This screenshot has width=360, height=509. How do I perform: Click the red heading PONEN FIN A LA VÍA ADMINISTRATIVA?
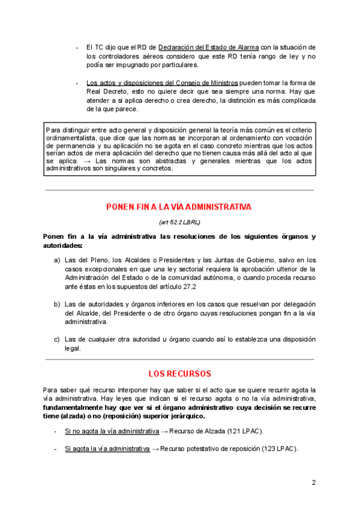tap(178, 207)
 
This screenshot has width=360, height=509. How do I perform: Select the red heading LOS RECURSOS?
tap(180, 373)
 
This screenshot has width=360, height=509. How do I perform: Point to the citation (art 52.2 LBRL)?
tap(179, 222)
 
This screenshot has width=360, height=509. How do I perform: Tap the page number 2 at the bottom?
tap(313, 482)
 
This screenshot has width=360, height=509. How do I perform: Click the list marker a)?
tap(57, 260)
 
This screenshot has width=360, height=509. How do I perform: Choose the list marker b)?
tap(57, 304)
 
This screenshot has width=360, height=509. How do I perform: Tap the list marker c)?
tap(57, 339)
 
